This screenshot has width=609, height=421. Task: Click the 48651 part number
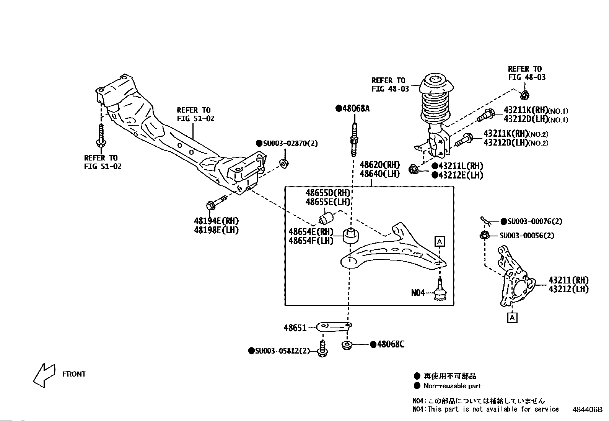[295, 328]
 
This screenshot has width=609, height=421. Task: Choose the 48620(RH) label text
[380, 164]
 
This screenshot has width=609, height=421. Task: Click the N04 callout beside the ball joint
[418, 293]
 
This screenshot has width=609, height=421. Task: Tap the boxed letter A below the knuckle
[512, 318]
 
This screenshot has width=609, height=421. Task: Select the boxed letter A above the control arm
[440, 242]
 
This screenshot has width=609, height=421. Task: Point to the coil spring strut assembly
[435, 115]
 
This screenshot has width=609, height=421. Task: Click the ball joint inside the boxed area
[440, 289]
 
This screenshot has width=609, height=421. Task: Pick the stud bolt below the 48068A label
[354, 140]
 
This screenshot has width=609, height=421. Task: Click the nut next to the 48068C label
[347, 345]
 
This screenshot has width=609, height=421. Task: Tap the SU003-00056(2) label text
[527, 235]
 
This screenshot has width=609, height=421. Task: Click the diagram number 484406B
[587, 410]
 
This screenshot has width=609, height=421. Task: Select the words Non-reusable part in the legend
[453, 386]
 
